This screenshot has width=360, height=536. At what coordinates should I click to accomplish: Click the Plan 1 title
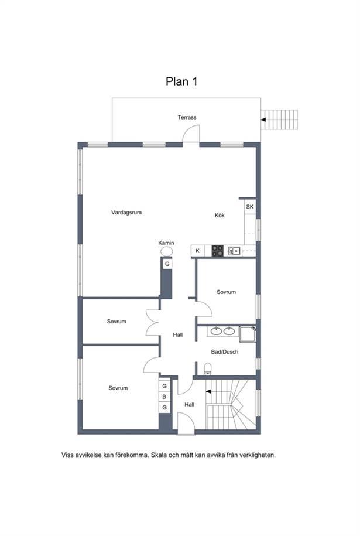tap(181, 81)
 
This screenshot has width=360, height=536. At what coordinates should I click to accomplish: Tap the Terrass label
tap(187, 117)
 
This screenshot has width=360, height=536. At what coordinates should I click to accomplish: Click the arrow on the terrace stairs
tap(263, 120)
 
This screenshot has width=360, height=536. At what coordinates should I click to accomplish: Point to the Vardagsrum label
tap(126, 213)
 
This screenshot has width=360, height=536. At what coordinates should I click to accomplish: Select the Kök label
tap(220, 216)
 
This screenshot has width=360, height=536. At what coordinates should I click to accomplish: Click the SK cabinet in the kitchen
tap(250, 207)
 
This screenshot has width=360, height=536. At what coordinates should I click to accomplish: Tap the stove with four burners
tap(217, 251)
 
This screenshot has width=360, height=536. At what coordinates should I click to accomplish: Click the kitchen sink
tap(234, 251)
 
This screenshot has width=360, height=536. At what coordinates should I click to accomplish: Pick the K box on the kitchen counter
tap(198, 251)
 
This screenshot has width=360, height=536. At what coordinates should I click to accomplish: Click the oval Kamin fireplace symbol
tap(166, 251)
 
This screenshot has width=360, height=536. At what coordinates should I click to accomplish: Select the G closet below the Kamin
tap(167, 264)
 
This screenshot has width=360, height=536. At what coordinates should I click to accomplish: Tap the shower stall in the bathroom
tap(247, 334)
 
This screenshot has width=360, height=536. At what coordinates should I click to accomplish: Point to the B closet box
tap(164, 397)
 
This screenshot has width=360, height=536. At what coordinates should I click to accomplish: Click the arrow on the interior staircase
tap(208, 391)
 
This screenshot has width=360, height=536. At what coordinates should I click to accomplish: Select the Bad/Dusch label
tap(225, 352)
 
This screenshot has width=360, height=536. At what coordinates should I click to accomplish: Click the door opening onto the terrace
tap(191, 134)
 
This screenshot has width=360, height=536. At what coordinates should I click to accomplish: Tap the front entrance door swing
tap(186, 422)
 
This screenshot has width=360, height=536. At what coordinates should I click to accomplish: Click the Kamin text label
tap(166, 243)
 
